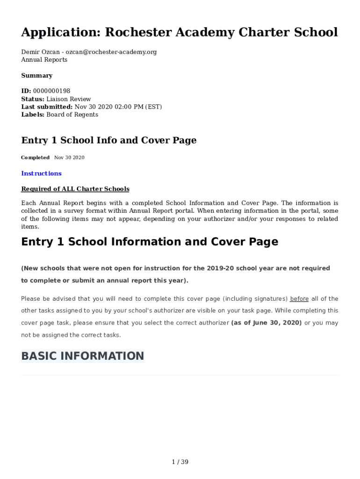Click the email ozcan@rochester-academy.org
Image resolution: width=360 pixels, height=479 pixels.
111,52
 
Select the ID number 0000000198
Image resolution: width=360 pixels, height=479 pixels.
51,91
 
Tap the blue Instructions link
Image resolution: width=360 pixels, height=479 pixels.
41,174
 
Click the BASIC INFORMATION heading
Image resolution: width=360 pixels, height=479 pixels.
83,356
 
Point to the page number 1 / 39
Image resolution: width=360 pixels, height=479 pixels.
180,462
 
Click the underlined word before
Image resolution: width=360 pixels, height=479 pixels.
299,299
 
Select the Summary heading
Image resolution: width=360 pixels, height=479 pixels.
36,76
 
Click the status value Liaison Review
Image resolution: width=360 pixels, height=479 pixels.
69,99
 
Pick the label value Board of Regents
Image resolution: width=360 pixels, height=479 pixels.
72,115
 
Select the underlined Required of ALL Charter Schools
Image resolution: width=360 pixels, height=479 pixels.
75,189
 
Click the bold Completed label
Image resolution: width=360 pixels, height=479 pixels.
35,158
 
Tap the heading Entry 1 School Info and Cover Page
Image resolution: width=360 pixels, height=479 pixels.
108,140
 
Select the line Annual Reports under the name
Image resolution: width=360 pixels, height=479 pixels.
44,60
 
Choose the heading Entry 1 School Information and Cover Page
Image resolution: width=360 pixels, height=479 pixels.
150,242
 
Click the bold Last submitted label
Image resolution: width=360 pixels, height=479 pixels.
46,107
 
